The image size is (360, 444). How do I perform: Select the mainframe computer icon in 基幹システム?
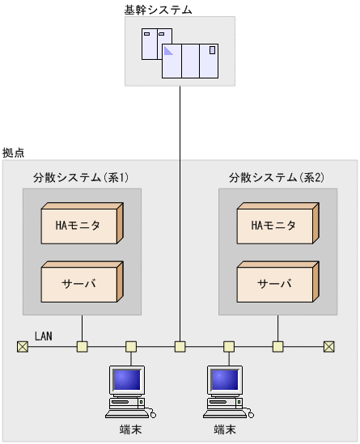tap(180, 53)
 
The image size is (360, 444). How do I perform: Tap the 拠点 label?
tap(13, 152)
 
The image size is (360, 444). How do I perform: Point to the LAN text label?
tap(44, 335)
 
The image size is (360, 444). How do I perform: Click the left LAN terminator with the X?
tap(22, 347)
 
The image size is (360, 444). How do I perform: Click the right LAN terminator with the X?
tap(329, 347)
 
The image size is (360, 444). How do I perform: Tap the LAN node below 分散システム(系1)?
tap(82, 347)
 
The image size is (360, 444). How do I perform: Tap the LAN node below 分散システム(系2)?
tap(277, 347)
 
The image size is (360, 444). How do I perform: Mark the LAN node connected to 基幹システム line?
tap(180, 347)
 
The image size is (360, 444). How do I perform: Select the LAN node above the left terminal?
tap(130, 347)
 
